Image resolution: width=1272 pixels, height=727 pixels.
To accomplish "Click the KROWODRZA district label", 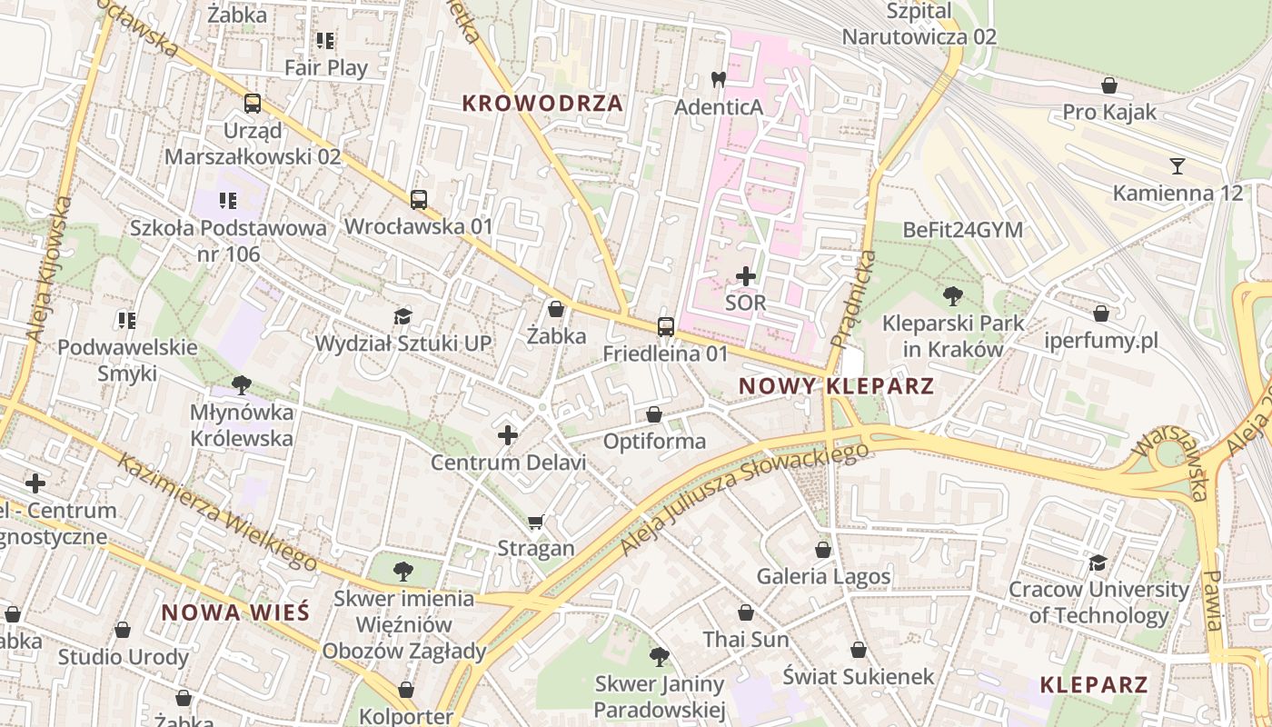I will click(x=542, y=103).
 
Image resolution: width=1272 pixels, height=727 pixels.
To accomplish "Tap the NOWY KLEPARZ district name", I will click(x=836, y=385).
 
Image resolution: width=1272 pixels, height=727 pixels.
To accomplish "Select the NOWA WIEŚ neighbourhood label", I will click(x=235, y=612).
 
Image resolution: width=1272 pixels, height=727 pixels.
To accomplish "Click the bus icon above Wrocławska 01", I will click(x=418, y=200).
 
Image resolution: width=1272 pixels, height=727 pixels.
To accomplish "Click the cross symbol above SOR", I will click(x=746, y=275).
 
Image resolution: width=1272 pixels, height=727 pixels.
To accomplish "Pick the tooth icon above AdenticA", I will click(x=718, y=80).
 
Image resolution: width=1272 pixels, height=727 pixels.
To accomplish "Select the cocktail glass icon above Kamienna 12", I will click(x=1178, y=166).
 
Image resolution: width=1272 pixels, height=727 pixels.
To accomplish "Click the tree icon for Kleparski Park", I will click(x=953, y=295).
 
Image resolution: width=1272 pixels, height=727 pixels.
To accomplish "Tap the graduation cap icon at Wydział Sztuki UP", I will click(x=402, y=316).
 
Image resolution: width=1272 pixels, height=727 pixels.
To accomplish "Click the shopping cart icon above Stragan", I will click(x=536, y=522).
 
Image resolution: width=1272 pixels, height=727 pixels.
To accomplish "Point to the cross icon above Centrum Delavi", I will click(x=508, y=435).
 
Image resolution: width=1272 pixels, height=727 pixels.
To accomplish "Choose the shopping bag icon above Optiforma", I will click(x=654, y=415).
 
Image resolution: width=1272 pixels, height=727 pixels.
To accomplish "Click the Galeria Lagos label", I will click(x=823, y=576).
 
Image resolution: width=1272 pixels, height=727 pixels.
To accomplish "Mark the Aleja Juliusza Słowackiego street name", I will click(x=740, y=500).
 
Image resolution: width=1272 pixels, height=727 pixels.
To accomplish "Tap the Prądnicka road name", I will click(x=851, y=300).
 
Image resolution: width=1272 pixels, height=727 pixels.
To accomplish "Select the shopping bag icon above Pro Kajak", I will click(x=1108, y=86).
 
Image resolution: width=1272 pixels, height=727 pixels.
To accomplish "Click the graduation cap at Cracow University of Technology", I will click(x=1098, y=563).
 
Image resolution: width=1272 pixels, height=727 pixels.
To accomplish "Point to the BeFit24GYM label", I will click(x=962, y=229).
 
